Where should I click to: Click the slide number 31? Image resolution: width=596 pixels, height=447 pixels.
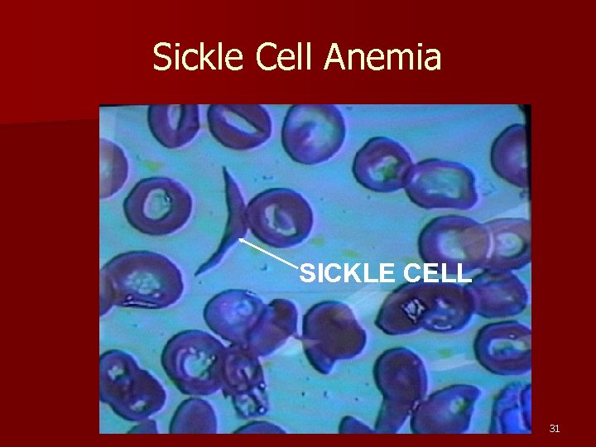coord(555,428)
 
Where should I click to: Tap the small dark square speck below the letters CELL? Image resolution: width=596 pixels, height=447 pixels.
coord(411,308)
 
